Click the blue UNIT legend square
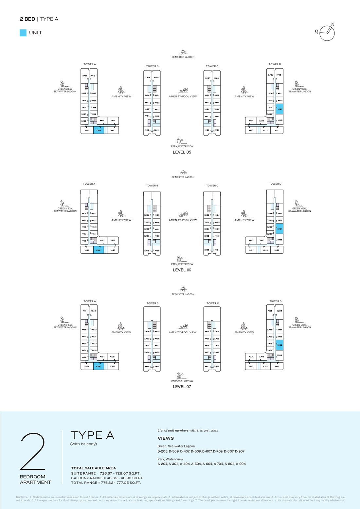(x=23, y=33)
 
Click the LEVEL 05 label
(x=182, y=152)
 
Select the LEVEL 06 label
(x=182, y=270)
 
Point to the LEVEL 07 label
(x=182, y=387)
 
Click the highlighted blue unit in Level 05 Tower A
(x=99, y=130)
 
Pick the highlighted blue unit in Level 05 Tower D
(x=279, y=109)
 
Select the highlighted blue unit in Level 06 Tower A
(x=99, y=250)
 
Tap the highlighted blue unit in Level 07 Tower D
(x=279, y=345)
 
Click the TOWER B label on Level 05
(x=152, y=66)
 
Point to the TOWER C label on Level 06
(x=212, y=186)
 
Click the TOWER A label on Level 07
(x=90, y=301)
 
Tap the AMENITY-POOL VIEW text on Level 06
(x=183, y=220)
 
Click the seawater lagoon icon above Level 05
(x=183, y=52)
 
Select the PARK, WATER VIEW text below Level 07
(x=182, y=381)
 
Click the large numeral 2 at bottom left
(x=32, y=452)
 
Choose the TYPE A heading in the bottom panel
(x=92, y=435)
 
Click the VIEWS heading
(x=166, y=438)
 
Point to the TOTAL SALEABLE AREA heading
(x=93, y=468)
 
